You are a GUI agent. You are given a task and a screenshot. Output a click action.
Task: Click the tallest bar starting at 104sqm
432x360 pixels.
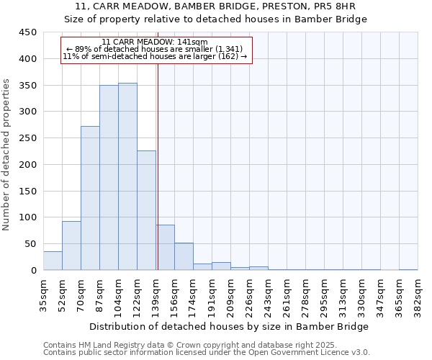(127, 176)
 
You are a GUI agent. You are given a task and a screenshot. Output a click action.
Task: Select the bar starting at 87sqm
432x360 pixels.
(109, 178)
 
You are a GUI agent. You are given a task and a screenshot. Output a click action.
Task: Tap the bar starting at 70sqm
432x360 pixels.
(90, 198)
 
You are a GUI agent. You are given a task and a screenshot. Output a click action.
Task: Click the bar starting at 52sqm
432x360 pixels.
(71, 246)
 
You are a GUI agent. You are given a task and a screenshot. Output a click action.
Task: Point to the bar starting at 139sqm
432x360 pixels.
(165, 248)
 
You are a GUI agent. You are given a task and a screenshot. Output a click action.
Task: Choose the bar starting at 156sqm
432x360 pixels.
(184, 256)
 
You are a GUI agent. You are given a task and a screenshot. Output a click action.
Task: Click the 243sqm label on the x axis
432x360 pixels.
(268, 294)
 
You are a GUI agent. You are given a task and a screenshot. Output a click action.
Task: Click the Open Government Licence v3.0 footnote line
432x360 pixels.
(206, 353)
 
